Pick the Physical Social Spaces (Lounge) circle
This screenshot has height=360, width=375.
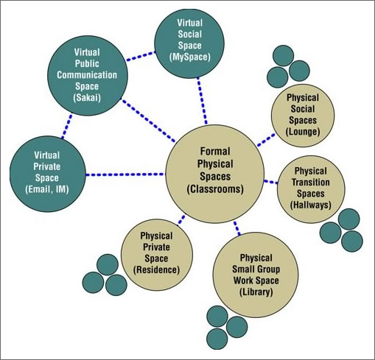pos(304,114)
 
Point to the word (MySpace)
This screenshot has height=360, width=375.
pos(190,56)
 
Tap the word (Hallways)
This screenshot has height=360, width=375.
pos(311,204)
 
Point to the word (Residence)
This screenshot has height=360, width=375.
pos(157,269)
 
